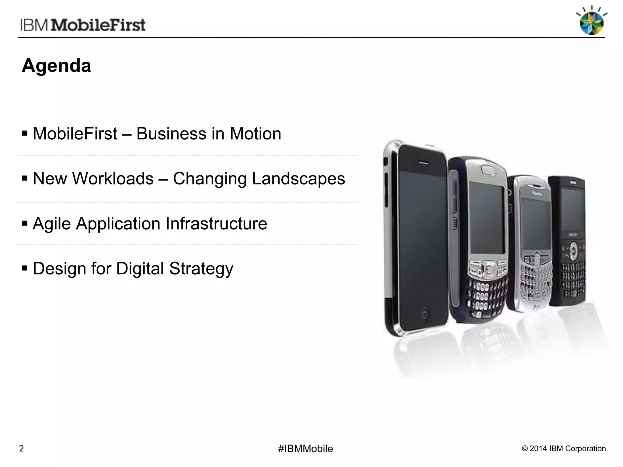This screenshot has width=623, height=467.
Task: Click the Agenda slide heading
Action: pyautogui.click(x=57, y=66)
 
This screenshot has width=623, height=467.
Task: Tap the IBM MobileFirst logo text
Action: pyautogui.click(x=83, y=25)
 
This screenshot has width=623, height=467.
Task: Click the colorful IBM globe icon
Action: pyautogui.click(x=591, y=22)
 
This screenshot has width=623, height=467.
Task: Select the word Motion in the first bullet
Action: pyautogui.click(x=255, y=134)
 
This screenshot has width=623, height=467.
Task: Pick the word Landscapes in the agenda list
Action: pyautogui.click(x=298, y=178)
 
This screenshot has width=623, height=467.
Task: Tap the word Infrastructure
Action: pyautogui.click(x=216, y=224)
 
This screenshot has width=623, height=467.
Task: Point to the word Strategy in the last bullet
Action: pyautogui.click(x=201, y=269)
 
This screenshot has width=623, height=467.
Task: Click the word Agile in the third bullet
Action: pyautogui.click(x=52, y=224)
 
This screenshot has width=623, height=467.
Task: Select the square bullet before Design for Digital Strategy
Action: pyautogui.click(x=25, y=268)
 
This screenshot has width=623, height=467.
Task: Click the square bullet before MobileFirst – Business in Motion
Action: pyautogui.click(x=25, y=133)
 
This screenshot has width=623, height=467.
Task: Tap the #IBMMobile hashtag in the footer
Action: pyautogui.click(x=305, y=449)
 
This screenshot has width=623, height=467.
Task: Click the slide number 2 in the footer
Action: pyautogui.click(x=21, y=449)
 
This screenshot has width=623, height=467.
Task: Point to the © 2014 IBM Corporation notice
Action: pyautogui.click(x=564, y=449)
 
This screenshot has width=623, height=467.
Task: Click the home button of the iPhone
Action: pyautogui.click(x=423, y=314)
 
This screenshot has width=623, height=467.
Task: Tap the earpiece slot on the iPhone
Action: pyautogui.click(x=422, y=162)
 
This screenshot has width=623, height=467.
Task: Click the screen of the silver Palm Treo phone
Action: pyautogui.click(x=486, y=217)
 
